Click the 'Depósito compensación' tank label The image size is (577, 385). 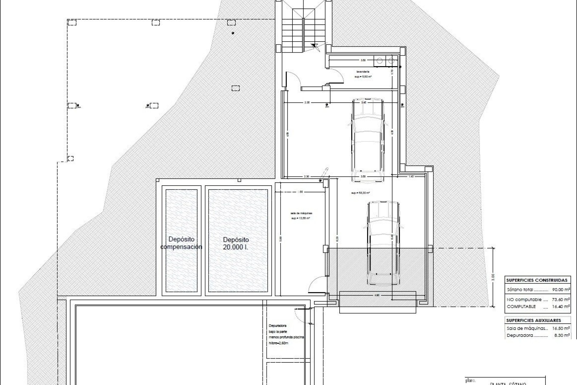point(181,243)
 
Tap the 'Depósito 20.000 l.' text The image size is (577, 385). point(236,243)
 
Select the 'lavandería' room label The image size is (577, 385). point(363,72)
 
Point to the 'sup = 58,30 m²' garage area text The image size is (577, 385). point(360,193)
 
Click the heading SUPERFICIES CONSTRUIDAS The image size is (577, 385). point(537,280)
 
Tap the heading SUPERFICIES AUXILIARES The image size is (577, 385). point(533,320)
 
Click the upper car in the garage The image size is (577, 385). point(368,140)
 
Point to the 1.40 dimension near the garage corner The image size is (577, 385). point(411,177)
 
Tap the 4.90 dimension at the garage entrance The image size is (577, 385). point(377,295)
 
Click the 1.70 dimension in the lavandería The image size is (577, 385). point(392,72)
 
